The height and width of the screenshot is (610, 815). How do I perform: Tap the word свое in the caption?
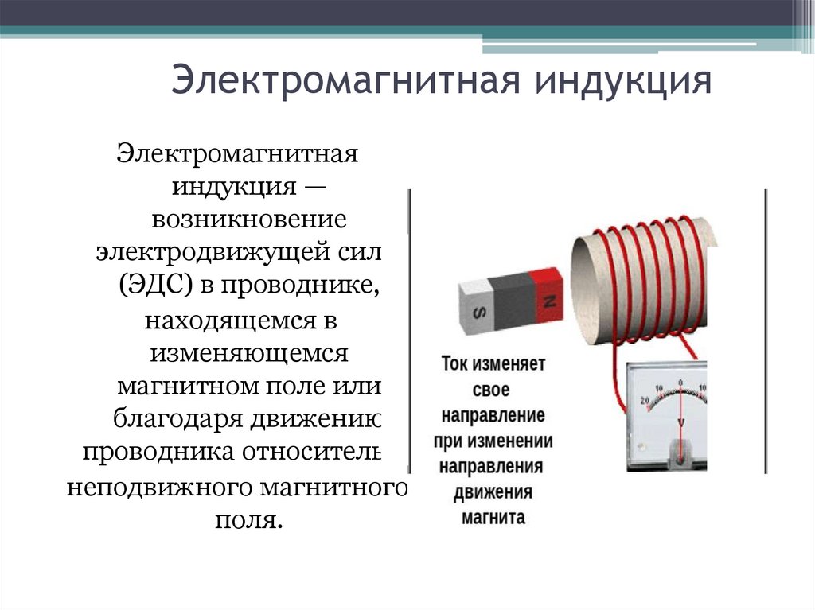click(493, 391)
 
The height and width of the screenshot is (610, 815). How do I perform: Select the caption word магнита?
click(493, 517)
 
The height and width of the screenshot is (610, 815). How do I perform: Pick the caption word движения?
click(493, 491)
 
